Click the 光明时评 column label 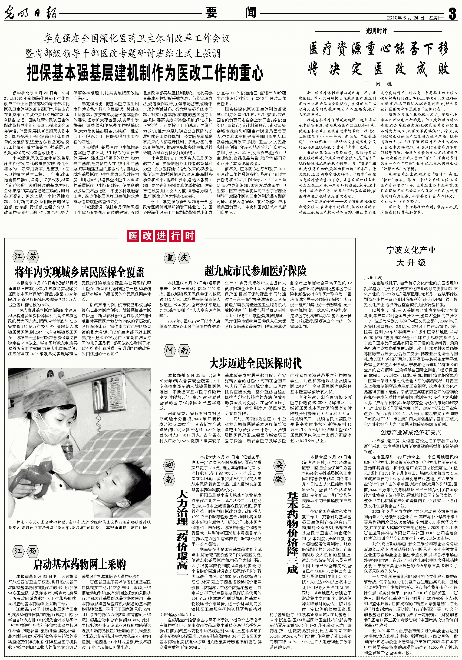coord(377,31)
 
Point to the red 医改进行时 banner coord(161,236)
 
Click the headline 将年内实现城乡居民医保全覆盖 coord(80,271)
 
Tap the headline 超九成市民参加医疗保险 coord(255,271)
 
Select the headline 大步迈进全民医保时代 coord(255,363)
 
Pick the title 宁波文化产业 coord(411,250)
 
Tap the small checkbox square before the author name coord(367,84)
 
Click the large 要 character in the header coord(212,13)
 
